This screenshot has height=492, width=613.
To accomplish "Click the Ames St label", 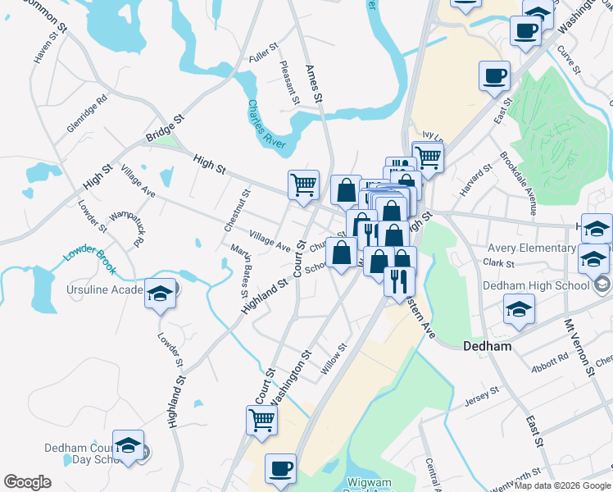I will pos(315,84).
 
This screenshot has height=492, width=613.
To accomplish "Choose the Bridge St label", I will pos(165,128).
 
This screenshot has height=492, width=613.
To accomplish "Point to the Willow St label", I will pos(334,360).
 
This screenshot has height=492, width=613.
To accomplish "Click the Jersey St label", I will pos(481,396).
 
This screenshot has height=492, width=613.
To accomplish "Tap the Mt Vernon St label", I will pos(579,348).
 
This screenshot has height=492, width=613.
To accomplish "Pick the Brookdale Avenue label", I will pos(518,184).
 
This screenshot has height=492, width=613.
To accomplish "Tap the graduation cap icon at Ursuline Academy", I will pos(160,292).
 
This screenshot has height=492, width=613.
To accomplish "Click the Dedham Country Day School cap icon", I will pos(128,444).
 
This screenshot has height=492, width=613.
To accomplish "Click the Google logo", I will pos(27,481).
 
